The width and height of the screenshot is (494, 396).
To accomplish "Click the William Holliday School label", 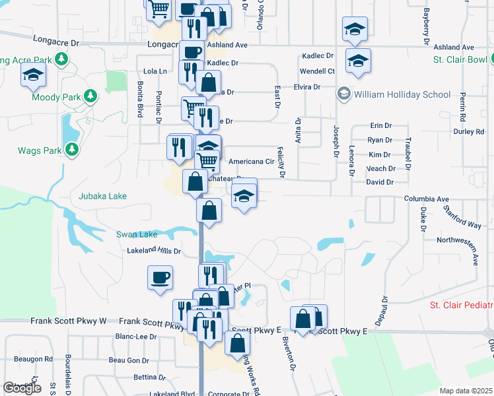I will coord(402,94).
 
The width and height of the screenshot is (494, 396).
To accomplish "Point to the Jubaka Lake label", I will coord(102,196).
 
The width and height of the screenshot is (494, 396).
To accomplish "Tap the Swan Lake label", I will coord(137,234).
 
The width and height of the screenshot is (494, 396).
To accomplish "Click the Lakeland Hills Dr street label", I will coord(154,251).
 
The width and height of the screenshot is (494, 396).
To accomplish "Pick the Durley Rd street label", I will coord(470,132).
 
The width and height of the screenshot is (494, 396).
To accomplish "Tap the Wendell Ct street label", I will coord(318,71).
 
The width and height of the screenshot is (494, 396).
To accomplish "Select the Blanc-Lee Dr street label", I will coord(135,336).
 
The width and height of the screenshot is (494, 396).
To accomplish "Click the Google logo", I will coord(22,388).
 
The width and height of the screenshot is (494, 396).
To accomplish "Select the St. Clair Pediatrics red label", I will coord(461,305).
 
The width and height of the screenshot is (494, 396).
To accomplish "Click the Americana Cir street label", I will coord(251,161).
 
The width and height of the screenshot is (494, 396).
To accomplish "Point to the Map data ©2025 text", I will coord(466,391).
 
